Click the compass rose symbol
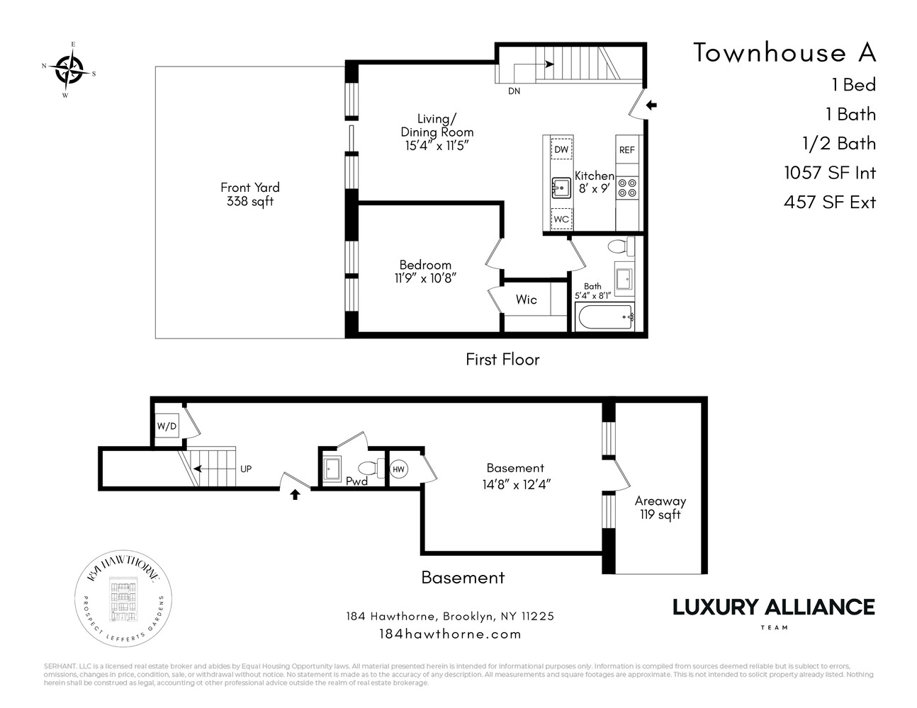click(69, 69)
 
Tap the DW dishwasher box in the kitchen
click(561, 149)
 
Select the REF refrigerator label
click(627, 150)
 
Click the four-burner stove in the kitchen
click(627, 188)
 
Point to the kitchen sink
click(561, 188)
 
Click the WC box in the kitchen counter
click(561, 219)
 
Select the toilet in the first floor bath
click(620, 247)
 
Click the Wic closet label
click(526, 299)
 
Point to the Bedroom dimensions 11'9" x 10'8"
click(425, 278)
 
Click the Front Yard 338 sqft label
click(250, 194)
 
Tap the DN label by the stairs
click(514, 91)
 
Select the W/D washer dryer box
click(167, 426)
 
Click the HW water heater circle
click(399, 469)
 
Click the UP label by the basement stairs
click(246, 469)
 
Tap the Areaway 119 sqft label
click(660, 508)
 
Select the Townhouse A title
click(784, 52)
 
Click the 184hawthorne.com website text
click(450, 634)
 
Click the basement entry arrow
click(296, 495)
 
